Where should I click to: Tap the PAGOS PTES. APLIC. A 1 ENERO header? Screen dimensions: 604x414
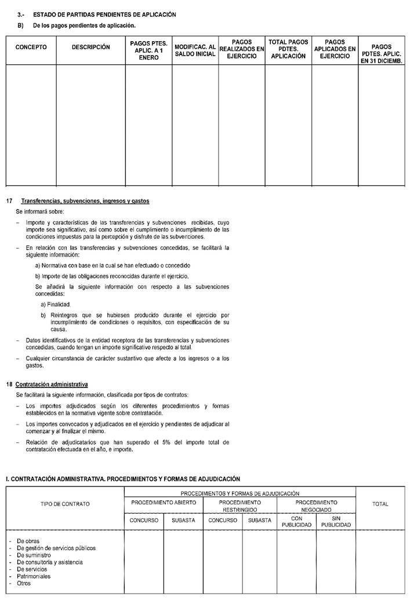coord(148,50)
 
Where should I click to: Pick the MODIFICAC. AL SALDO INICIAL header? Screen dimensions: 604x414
coord(195,50)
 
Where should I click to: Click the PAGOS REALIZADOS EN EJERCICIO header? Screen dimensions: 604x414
coord(241,49)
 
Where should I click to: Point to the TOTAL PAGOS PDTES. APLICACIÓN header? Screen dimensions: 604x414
coord(288,49)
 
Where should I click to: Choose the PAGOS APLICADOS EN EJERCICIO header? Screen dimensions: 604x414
coord(335,49)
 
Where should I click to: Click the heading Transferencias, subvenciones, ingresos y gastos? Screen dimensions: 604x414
coord(85,201)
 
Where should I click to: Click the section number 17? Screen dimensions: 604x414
coord(9,201)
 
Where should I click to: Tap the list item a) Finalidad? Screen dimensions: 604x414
coord(56,304)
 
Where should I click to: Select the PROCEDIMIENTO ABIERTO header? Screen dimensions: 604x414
coord(164,503)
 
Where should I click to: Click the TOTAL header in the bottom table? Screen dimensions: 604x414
coord(380,504)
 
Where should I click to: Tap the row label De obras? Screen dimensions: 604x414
coord(28,541)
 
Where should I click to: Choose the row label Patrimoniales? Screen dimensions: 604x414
coord(34,576)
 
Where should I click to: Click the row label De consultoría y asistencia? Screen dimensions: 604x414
coord(50,562)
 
